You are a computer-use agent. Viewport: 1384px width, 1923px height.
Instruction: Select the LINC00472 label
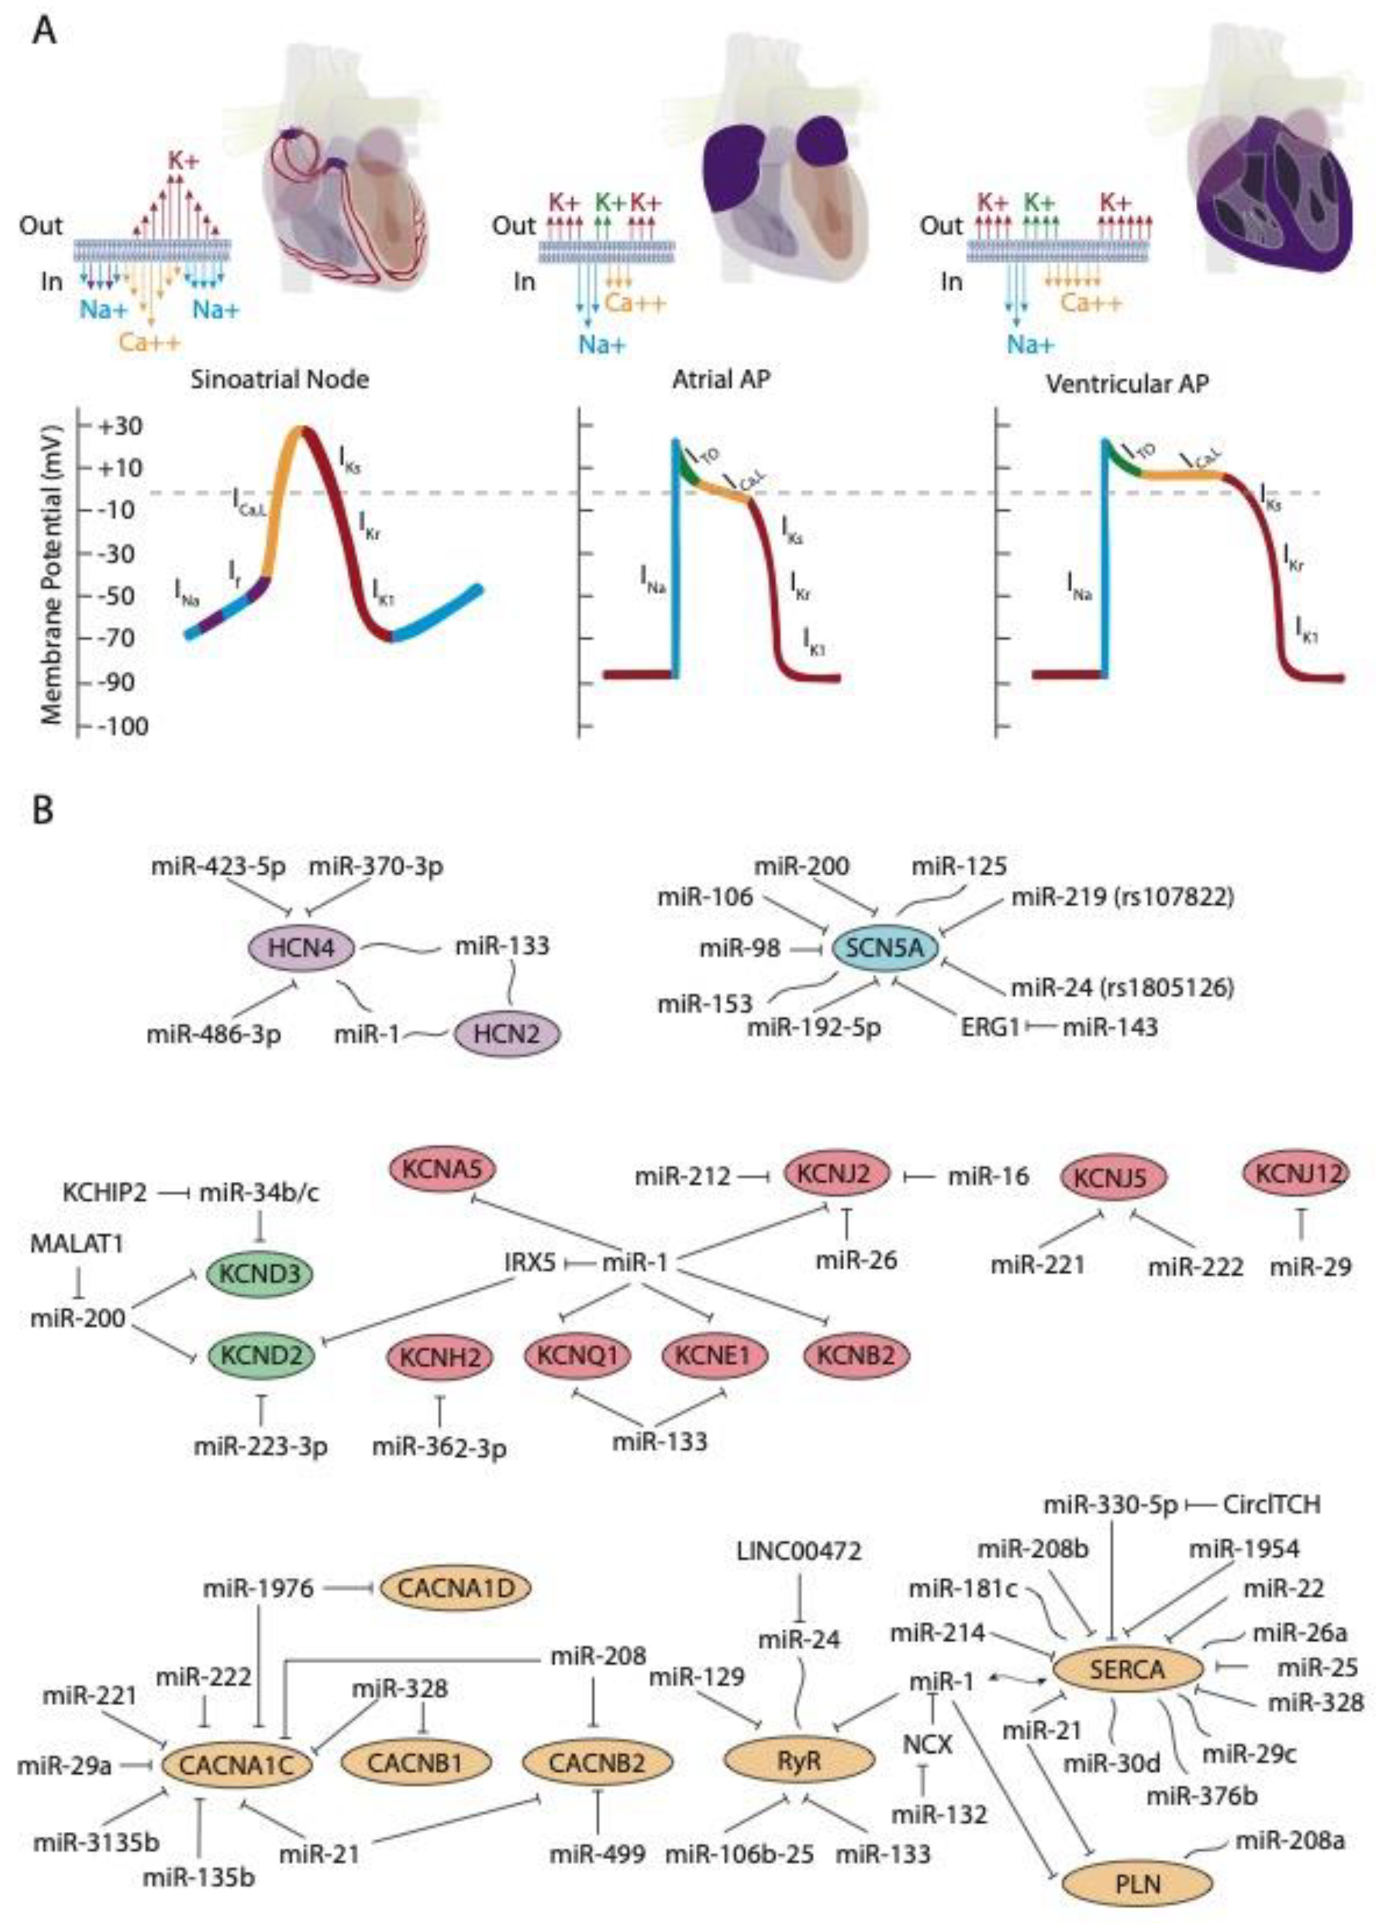click(800, 1551)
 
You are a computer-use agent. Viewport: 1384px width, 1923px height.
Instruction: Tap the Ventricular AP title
click(1127, 383)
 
